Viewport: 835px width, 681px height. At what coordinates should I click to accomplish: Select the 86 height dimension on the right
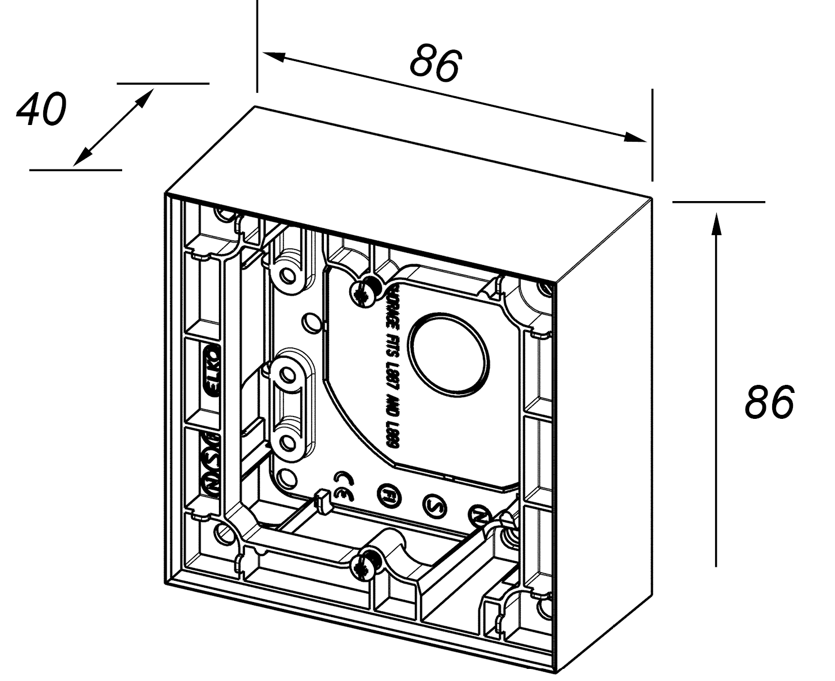(x=769, y=402)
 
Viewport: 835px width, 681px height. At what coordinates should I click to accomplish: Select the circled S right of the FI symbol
(x=433, y=505)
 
